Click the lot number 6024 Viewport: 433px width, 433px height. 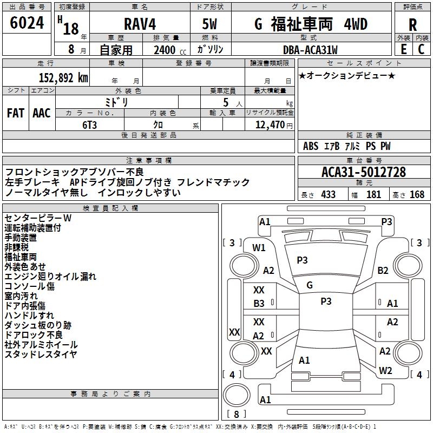tap(27, 23)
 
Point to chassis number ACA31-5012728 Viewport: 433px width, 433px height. tap(364, 172)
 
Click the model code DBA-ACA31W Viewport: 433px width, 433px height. tap(310, 50)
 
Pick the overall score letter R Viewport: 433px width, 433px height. tap(412, 25)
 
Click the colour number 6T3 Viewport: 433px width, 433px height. tap(90, 124)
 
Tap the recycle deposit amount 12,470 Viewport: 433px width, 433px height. tap(270, 124)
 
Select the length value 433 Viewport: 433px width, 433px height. tap(328, 195)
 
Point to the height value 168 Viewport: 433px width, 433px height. tap(417, 195)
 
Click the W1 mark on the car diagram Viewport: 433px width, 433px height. tap(259, 248)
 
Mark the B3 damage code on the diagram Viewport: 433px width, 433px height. tap(259, 304)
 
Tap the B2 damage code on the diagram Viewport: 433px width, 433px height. tap(383, 270)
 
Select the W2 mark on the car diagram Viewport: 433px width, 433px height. tap(385, 371)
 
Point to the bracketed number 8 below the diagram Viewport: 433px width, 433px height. tap(237, 415)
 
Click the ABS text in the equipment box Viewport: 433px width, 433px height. tap(311, 146)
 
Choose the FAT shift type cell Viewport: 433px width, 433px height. tap(16, 113)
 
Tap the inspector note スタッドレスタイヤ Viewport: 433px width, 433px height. tap(41, 355)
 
